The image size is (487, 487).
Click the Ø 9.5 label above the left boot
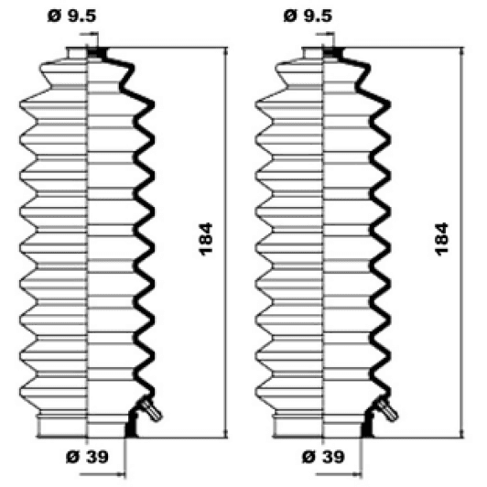point(67,15)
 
